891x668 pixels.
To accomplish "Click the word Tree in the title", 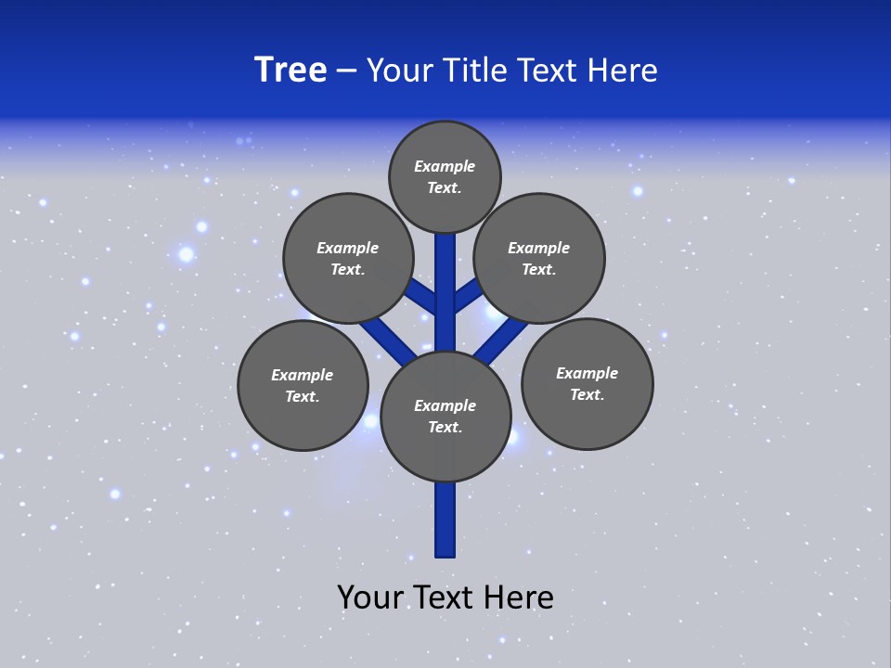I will (x=291, y=70).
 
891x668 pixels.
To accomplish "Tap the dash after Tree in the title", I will (x=346, y=71).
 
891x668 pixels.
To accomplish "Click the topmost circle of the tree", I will (x=445, y=176).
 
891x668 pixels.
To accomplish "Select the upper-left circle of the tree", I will (x=347, y=258).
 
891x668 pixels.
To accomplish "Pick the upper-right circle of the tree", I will (x=539, y=258).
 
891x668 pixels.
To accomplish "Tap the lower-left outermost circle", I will (x=303, y=385).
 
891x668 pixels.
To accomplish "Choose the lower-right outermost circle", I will (x=588, y=383).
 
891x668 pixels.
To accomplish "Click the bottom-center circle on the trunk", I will (x=445, y=416).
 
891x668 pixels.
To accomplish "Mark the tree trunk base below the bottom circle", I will (x=445, y=520).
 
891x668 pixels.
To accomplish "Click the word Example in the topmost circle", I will (x=445, y=166).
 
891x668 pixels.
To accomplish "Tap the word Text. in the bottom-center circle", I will (x=445, y=427).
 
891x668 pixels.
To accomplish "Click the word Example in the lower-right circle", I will (x=587, y=373).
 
